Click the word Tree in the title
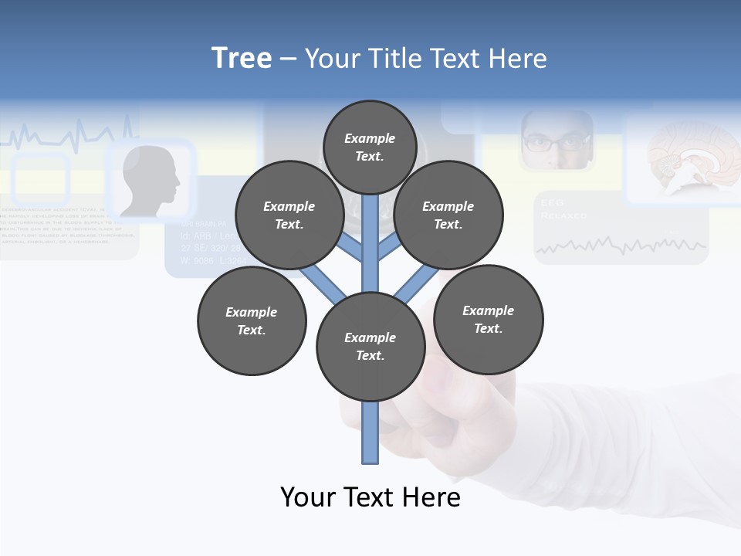click(242, 59)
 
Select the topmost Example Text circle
click(370, 147)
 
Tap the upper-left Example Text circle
click(289, 215)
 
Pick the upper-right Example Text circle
click(448, 215)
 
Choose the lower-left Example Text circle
click(252, 320)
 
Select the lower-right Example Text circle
click(488, 319)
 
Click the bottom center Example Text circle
click(370, 346)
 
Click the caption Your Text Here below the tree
click(370, 497)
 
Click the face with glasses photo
click(557, 141)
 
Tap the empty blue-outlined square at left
click(41, 179)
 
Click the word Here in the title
click(517, 59)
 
